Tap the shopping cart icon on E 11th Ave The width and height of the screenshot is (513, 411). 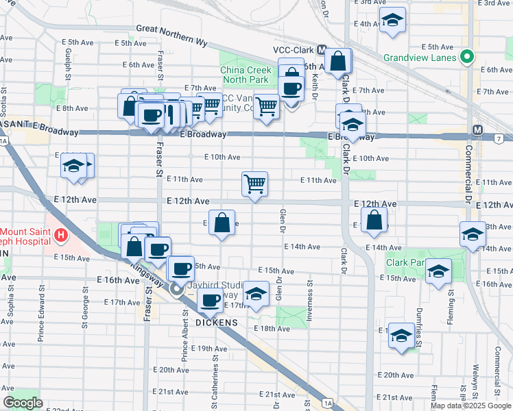pos(254,183)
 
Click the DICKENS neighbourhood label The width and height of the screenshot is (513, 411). pos(217,322)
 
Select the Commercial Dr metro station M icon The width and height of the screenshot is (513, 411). pos(477,129)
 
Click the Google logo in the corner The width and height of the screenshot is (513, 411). pos(22,403)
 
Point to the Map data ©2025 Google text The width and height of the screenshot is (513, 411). pos(470,406)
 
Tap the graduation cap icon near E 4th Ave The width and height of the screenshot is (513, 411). pos(392,21)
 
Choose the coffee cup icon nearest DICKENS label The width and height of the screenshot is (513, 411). pos(210,299)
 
